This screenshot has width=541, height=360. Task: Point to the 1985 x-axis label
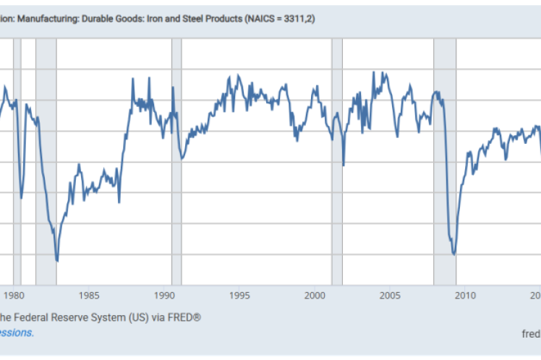[90, 295]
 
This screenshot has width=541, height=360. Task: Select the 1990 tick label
[164, 295]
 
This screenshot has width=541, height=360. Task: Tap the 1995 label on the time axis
[239, 295]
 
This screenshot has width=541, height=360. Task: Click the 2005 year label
[390, 295]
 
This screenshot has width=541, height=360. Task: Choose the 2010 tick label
[465, 295]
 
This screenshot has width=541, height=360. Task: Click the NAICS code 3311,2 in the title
[302, 17]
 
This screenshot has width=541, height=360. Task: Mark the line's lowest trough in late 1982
[57, 261]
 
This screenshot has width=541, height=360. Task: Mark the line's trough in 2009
[454, 254]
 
